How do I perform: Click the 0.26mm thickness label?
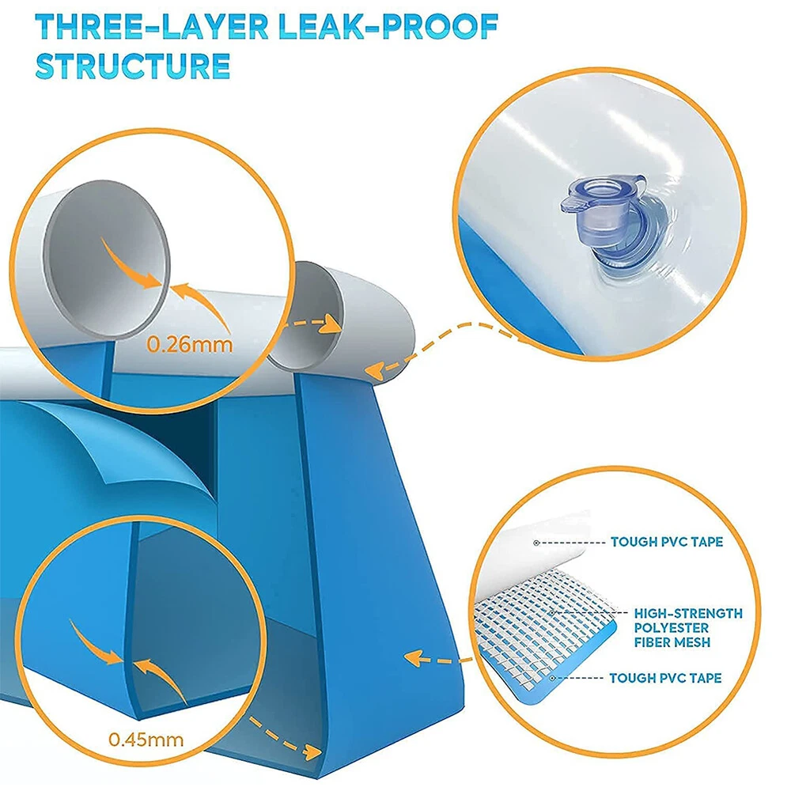pos(190,344)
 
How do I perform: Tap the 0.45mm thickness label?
pos(146,740)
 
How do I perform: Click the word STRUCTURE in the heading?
pos(133,66)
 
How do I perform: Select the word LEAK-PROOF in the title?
pos(388,27)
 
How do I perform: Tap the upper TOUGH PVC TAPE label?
pos(666,542)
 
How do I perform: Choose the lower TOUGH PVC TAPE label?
pos(665,678)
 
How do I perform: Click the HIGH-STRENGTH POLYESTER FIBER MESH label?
pos(688,627)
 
